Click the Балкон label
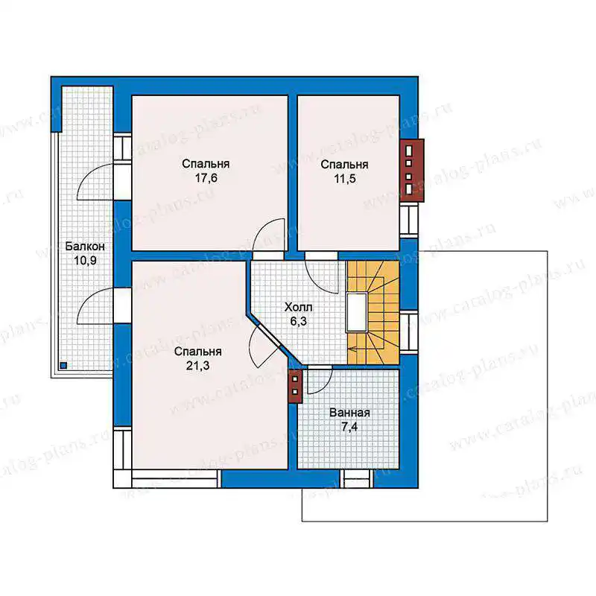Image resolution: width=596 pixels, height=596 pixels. point(85,247)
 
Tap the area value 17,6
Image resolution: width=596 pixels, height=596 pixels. point(206,178)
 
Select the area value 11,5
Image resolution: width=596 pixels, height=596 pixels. point(345,179)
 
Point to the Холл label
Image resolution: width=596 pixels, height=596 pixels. point(299,307)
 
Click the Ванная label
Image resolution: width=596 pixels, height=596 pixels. point(349,413)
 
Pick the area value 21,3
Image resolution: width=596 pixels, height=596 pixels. point(197,366)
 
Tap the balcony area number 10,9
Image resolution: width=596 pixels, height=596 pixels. point(85,261)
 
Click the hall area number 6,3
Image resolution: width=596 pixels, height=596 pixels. point(299,322)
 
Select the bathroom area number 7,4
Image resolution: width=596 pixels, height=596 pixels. point(349,427)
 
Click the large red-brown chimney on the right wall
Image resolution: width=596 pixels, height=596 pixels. point(412,171)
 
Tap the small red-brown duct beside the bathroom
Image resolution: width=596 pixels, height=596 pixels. point(295,386)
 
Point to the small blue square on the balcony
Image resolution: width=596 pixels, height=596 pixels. point(63,366)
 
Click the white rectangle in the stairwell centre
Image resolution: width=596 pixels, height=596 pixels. point(357,312)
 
